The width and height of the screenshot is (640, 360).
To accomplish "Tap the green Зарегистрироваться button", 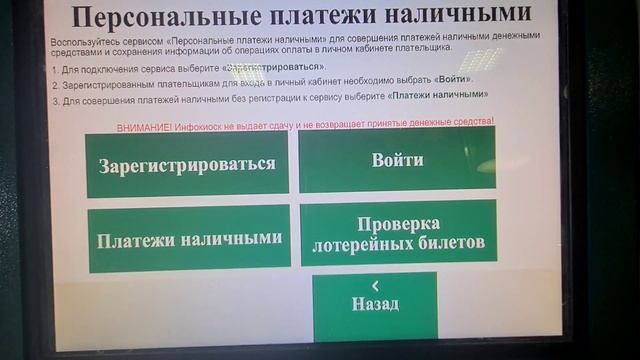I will pos(187,164).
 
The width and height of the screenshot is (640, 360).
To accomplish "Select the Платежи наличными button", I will pos(187,240).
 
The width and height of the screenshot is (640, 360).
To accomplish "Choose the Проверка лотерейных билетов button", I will pos(398,232).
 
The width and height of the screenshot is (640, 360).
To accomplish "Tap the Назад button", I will pos(375,304).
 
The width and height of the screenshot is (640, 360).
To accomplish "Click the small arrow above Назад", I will pos(375,285).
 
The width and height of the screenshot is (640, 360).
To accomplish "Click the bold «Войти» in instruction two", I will pos(453,79).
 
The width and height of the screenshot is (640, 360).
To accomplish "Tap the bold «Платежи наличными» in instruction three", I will pos(439,94).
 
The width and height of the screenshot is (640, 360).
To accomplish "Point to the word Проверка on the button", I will pos(399,222).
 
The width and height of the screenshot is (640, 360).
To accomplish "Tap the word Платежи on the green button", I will pos(135,240).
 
